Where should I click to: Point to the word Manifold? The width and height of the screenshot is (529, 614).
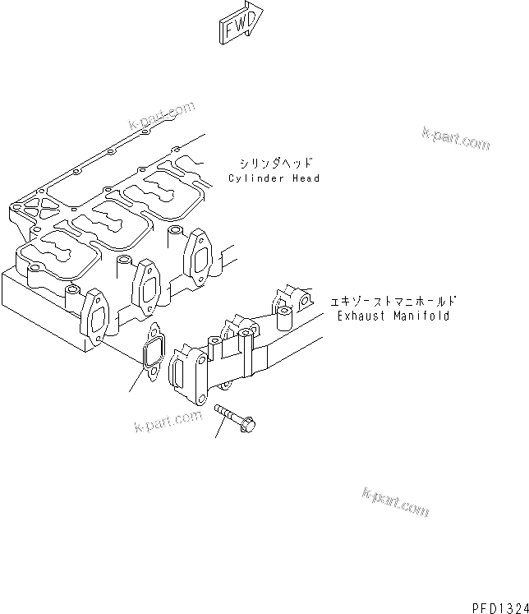click(422, 316)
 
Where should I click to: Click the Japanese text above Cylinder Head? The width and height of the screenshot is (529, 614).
click(274, 163)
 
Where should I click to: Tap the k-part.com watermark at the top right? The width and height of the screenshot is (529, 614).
click(456, 139)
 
